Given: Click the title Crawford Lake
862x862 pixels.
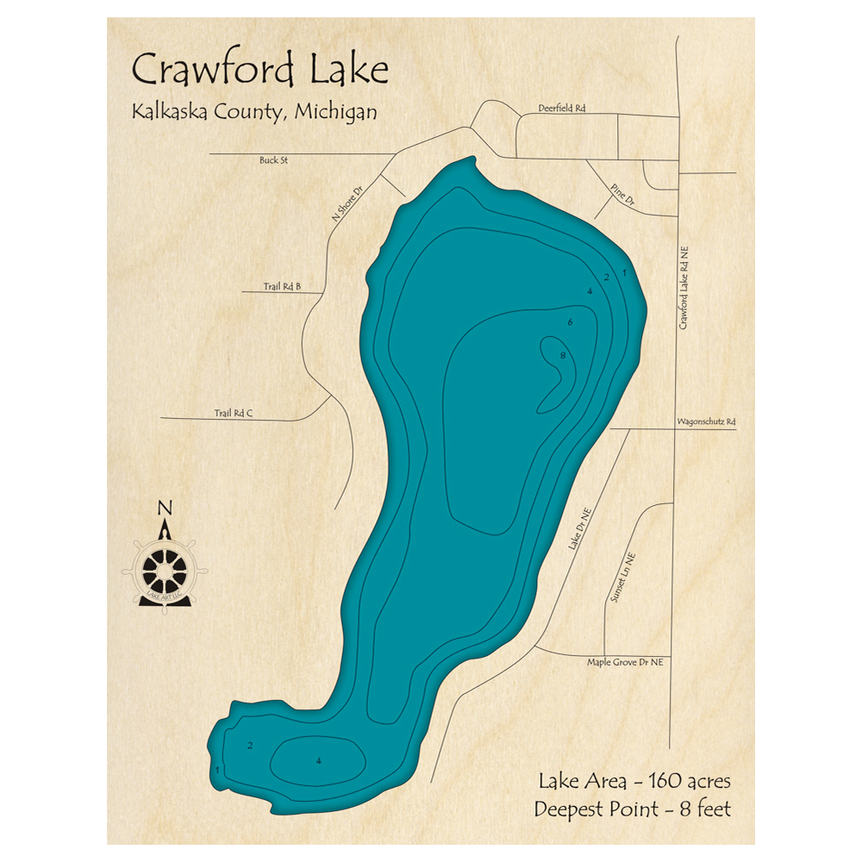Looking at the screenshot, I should (x=259, y=70).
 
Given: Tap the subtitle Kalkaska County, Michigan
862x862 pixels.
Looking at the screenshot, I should (x=253, y=112).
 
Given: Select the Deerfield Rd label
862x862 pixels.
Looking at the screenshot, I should (x=561, y=109).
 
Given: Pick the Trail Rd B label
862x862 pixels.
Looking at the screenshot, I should (x=282, y=286).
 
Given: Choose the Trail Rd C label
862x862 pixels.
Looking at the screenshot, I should (x=233, y=414).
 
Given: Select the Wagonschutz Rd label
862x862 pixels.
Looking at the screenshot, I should (x=706, y=422).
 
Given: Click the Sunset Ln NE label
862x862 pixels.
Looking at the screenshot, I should (x=621, y=578).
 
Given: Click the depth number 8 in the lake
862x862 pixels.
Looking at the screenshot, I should (x=562, y=355).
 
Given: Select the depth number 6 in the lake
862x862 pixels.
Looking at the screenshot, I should (x=570, y=322).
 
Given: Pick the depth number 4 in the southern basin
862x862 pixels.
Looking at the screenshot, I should (x=318, y=760).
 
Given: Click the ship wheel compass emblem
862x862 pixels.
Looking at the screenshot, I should (x=165, y=571).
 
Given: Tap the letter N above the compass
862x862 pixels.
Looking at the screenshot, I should (x=164, y=508).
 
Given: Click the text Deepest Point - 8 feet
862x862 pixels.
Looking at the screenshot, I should (x=632, y=810).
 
